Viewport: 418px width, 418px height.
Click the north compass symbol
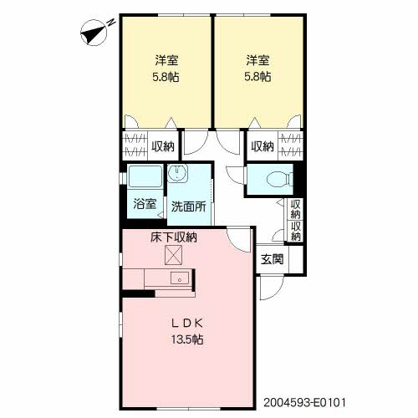click(94, 33)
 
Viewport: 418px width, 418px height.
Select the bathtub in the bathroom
click(145, 176)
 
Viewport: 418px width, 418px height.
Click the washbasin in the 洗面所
click(177, 173)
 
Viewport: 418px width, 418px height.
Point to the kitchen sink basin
click(180, 278)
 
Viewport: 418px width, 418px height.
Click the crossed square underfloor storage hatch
click(174, 255)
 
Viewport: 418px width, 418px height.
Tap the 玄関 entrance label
click(273, 259)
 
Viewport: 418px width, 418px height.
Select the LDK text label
click(186, 323)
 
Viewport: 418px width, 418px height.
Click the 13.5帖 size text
click(186, 339)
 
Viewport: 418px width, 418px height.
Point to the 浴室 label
click(145, 204)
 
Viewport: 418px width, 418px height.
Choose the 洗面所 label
click(189, 206)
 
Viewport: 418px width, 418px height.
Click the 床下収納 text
click(174, 237)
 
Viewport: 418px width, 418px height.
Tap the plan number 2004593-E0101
click(304, 402)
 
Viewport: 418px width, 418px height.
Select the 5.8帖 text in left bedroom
click(166, 77)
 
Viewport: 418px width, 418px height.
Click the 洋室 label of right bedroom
click(257, 60)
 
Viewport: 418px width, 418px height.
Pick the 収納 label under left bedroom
click(163, 146)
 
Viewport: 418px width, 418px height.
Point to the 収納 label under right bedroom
click(263, 146)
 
